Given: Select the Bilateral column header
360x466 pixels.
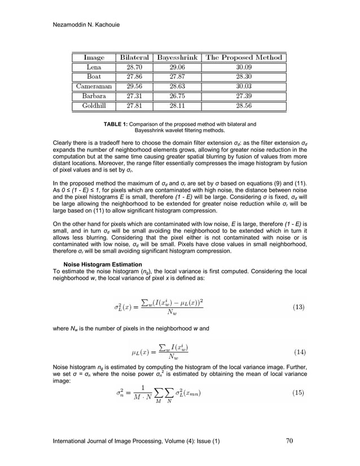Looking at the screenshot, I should [x=134, y=58].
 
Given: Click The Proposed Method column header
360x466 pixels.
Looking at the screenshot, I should [x=244, y=58].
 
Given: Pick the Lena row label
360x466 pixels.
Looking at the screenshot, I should [x=94, y=67].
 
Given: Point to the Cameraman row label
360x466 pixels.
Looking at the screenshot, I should [x=94, y=86].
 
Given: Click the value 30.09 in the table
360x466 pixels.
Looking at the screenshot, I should [x=244, y=67].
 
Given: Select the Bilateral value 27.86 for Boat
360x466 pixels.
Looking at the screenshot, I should [x=134, y=77].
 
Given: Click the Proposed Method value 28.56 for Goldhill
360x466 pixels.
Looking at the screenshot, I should [x=244, y=105].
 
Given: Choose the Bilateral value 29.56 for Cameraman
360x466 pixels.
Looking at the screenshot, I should [x=134, y=86].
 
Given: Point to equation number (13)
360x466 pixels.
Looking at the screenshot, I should [x=298, y=307].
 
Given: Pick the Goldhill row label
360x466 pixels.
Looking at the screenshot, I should [x=94, y=105].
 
